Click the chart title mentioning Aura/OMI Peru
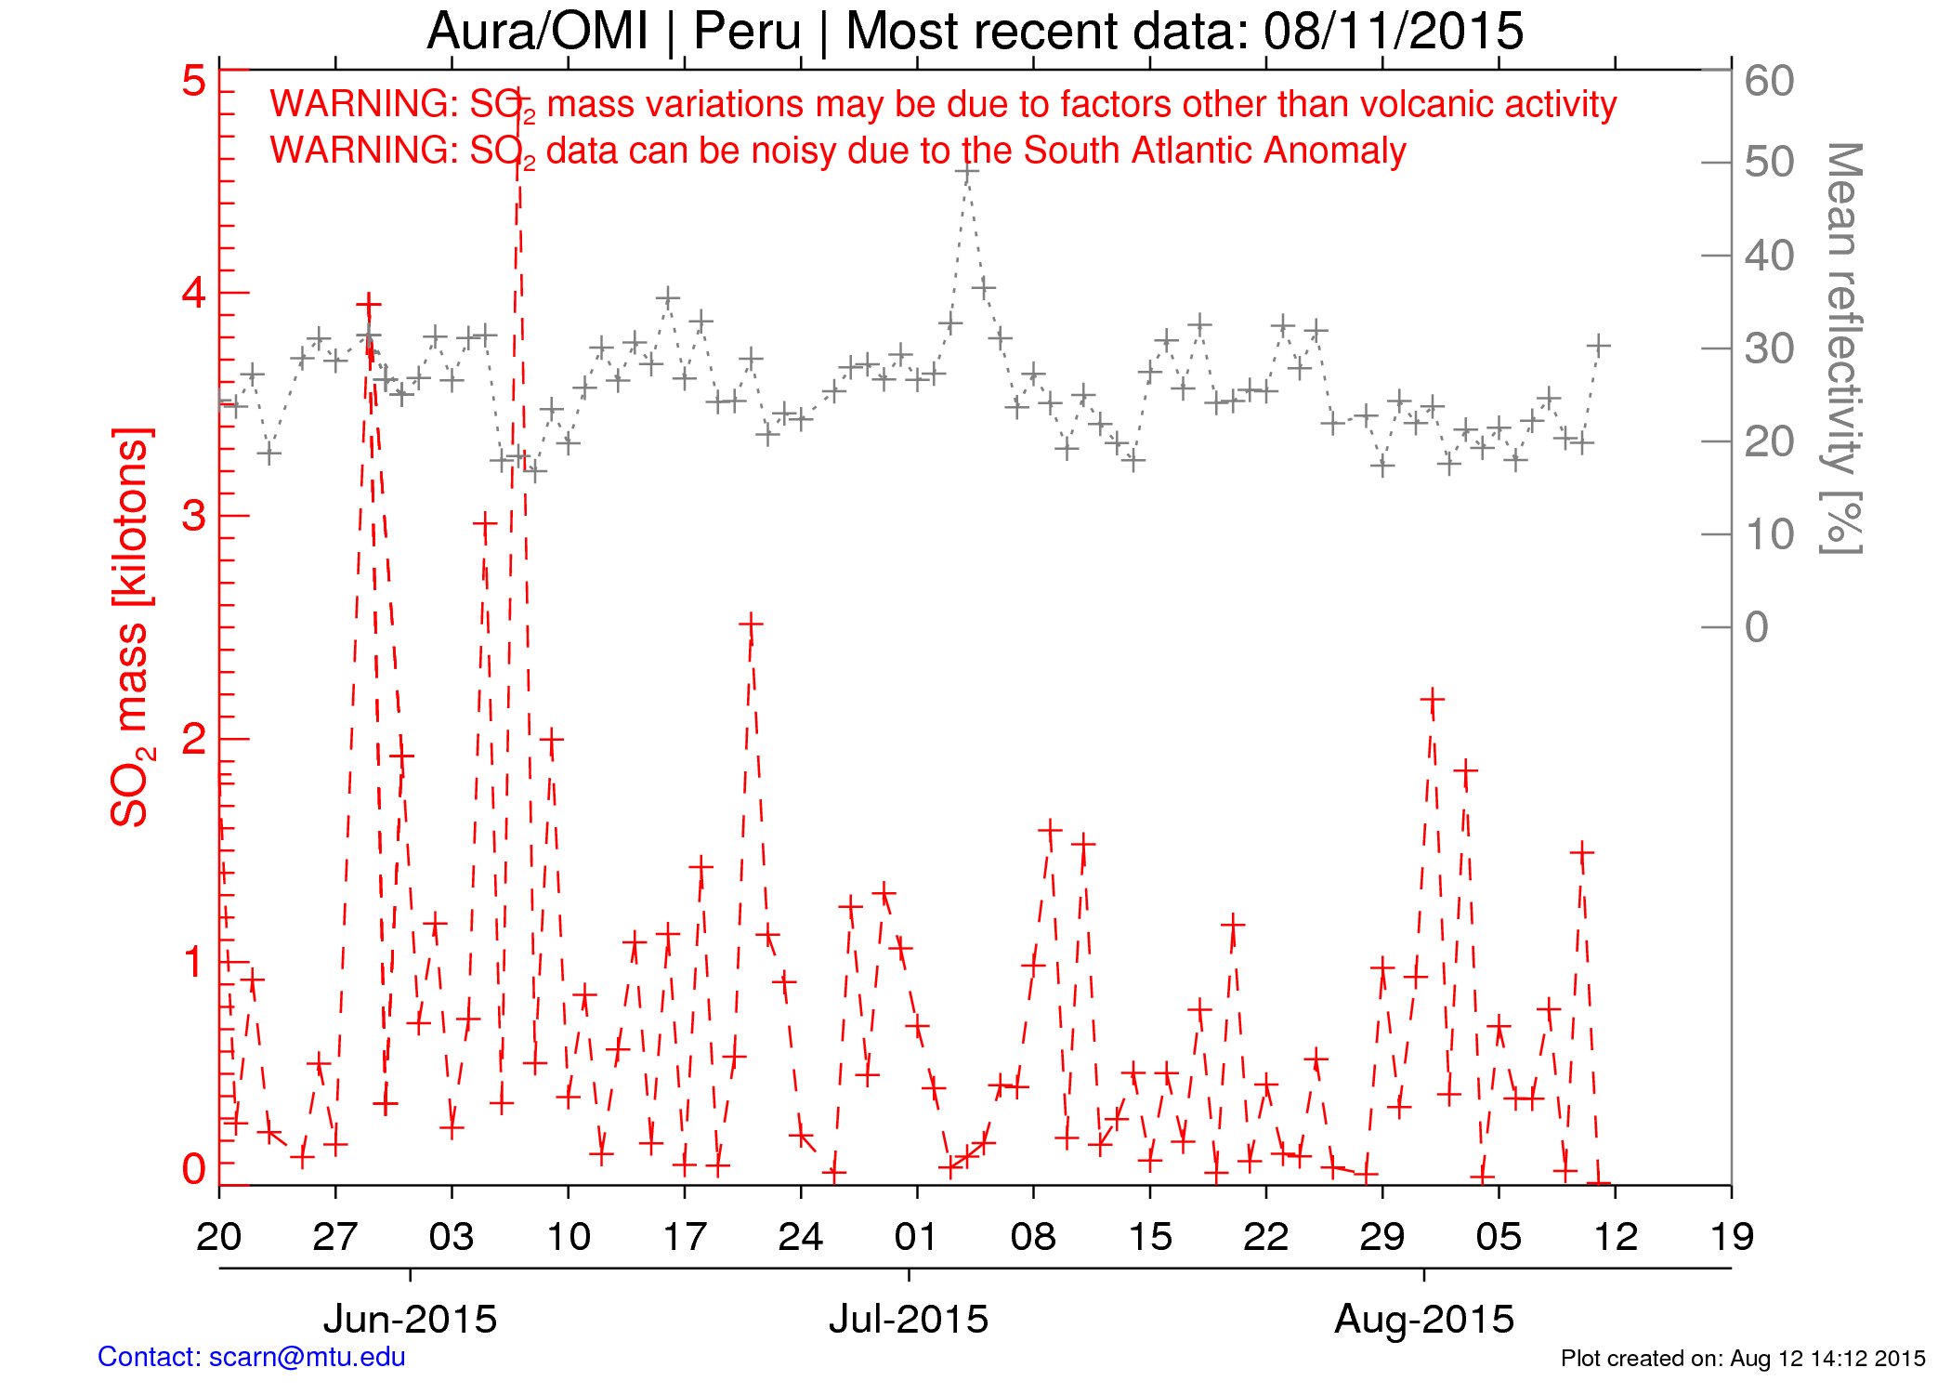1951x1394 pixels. point(975,32)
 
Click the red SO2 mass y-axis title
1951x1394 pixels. point(130,627)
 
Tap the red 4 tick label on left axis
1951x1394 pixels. point(193,293)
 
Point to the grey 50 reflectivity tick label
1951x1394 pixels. point(1769,163)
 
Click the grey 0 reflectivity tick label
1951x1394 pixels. point(1756,627)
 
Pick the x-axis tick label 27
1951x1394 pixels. point(335,1237)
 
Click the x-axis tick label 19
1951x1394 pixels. point(1732,1237)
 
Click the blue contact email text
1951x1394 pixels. point(252,1358)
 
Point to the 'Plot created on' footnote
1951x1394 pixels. point(1742,1359)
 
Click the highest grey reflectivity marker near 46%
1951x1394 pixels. point(967,173)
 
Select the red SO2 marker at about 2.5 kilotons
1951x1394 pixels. point(751,625)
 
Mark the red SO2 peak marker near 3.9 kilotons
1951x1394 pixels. point(369,305)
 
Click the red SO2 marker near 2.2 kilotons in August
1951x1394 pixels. point(1433,699)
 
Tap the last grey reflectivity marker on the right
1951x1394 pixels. point(1598,346)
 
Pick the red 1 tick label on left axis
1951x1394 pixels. point(193,962)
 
